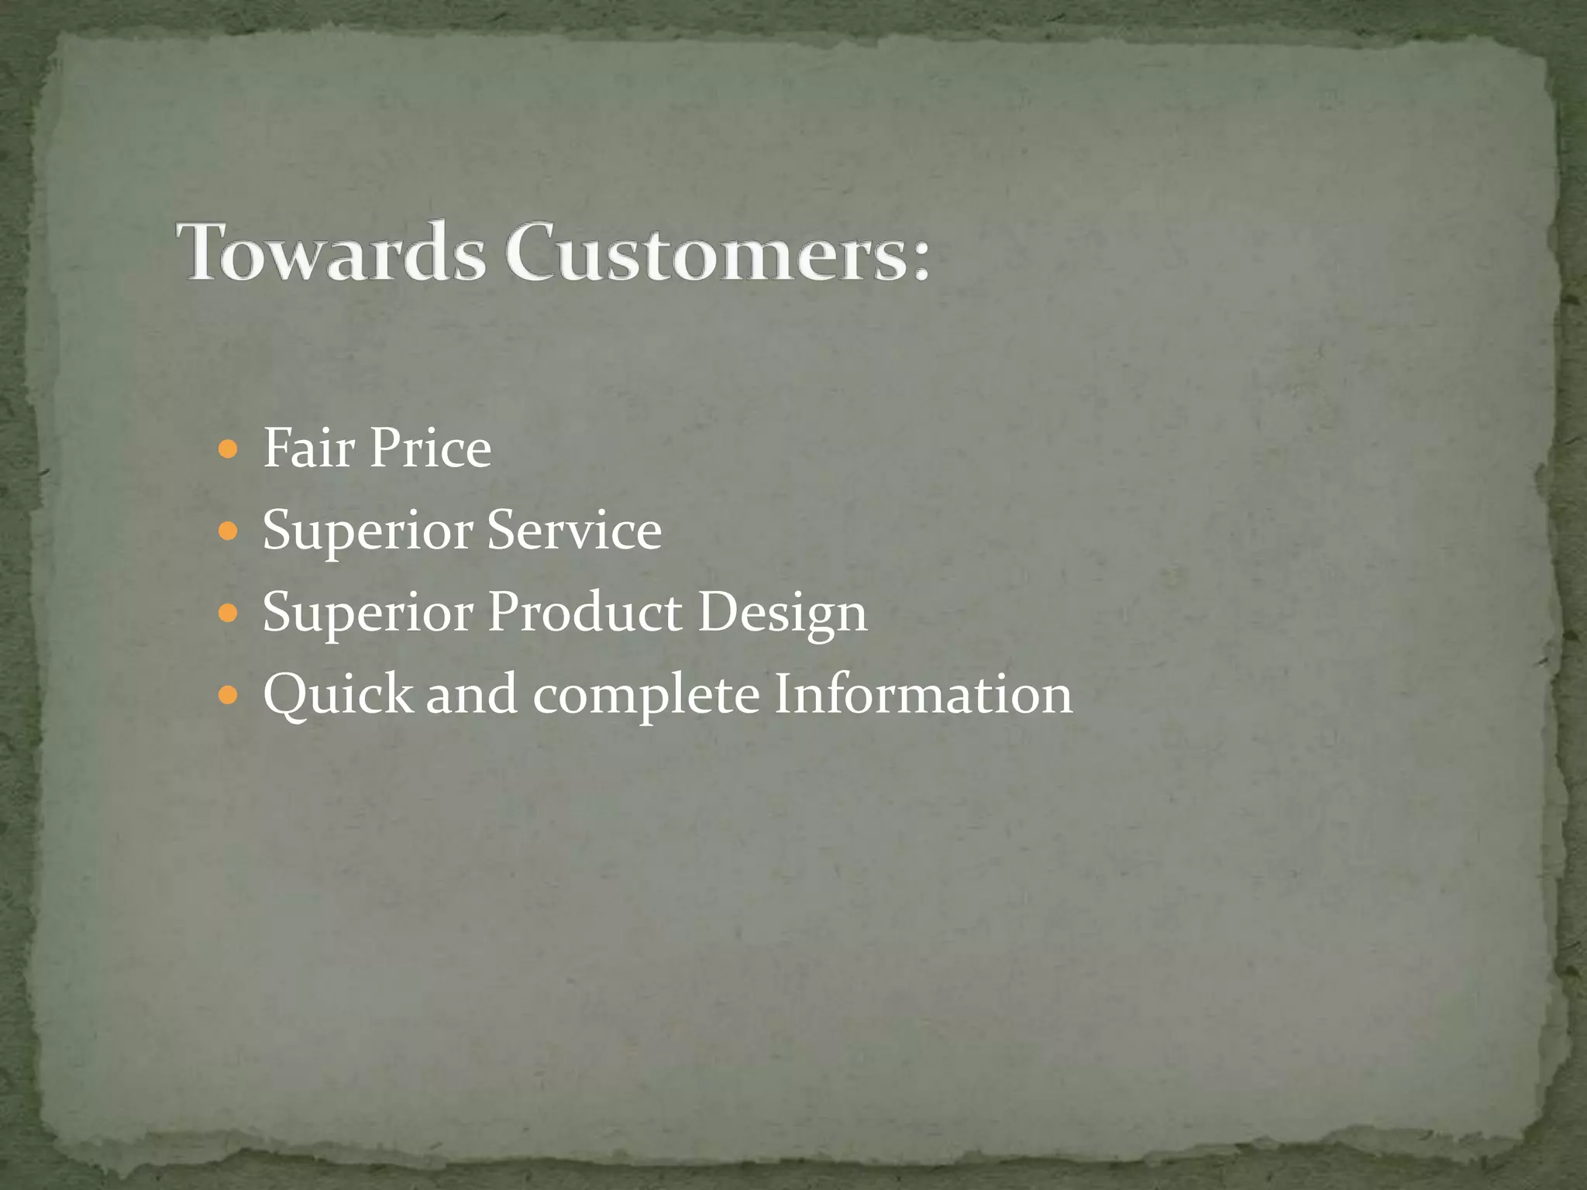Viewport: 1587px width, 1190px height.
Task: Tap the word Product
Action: [x=585, y=612]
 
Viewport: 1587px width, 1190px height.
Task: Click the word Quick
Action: [x=338, y=694]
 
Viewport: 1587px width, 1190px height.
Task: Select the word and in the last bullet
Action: [x=472, y=694]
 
